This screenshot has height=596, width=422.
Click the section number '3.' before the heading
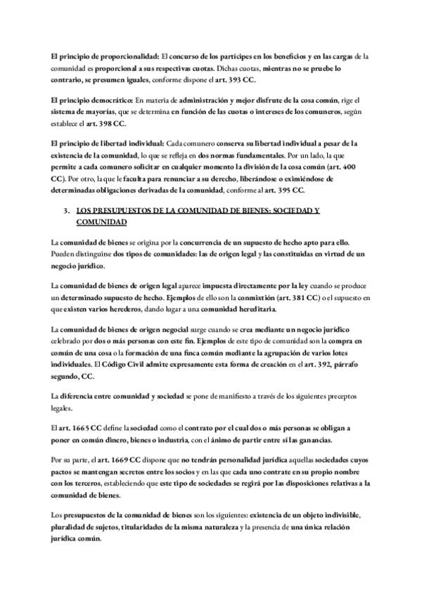pyautogui.click(x=66, y=210)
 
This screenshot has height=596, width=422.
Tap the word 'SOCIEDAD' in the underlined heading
pyautogui.click(x=286, y=210)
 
